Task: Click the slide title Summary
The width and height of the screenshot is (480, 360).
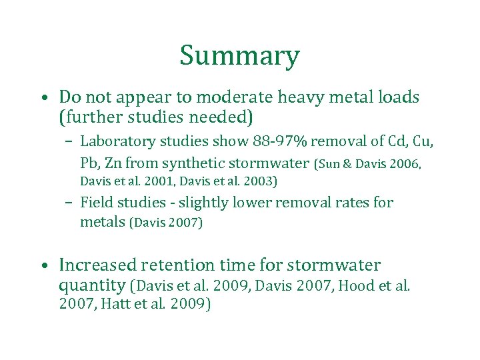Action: pyautogui.click(x=239, y=56)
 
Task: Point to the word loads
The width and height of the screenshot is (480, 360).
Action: pyautogui.click(x=397, y=97)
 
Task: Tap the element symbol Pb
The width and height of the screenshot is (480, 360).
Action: pyautogui.click(x=89, y=163)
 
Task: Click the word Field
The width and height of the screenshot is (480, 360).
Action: pyautogui.click(x=96, y=202)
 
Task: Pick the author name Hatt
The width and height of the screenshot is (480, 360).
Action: pyautogui.click(x=115, y=305)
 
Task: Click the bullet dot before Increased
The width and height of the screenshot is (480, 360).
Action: pyautogui.click(x=43, y=266)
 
